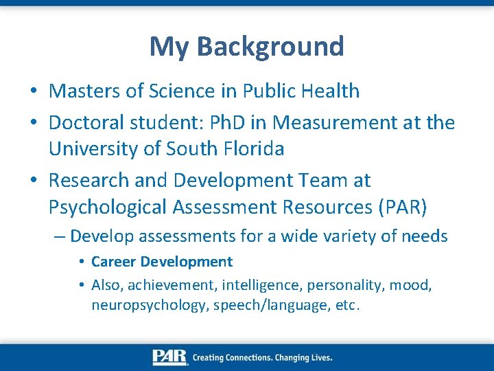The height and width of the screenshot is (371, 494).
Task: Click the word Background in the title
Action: point(270,47)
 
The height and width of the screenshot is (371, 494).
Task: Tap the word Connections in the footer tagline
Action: point(257,357)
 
